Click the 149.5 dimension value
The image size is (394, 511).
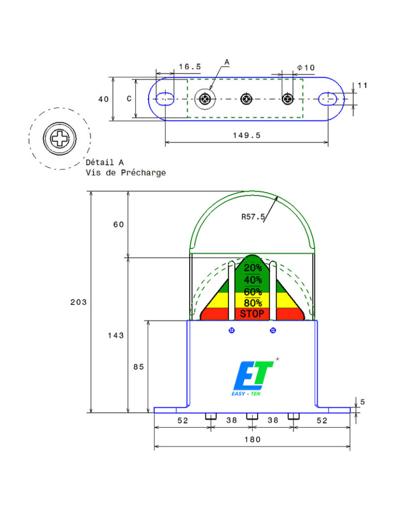coord(246,135)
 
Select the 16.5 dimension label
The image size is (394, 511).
coord(190,67)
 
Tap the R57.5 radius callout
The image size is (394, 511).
coord(253,217)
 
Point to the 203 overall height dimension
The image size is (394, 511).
coord(78,302)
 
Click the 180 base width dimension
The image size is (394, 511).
coord(252,439)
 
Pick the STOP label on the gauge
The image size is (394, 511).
coord(252,314)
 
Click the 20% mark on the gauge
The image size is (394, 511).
coord(252,268)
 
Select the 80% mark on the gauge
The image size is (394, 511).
coord(252,303)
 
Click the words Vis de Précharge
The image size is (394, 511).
coord(126,173)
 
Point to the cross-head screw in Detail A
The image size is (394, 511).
coord(60,138)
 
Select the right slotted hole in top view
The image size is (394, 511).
coord(328,99)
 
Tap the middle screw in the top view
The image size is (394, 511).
coord(247,99)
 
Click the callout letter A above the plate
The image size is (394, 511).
coord(227,62)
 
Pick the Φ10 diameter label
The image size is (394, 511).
coord(306,67)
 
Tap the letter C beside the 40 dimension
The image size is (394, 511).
coord(129,99)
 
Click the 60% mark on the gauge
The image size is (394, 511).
coord(252,292)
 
